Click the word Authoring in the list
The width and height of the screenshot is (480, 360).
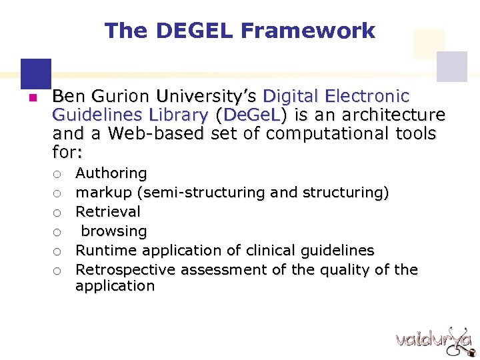tap(111, 173)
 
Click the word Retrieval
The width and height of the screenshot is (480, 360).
tap(108, 212)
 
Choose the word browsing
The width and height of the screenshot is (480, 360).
tap(114, 231)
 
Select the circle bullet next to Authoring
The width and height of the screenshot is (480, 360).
tap(58, 174)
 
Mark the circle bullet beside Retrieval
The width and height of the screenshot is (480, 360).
tap(58, 213)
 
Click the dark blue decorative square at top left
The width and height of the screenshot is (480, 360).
tap(35, 71)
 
